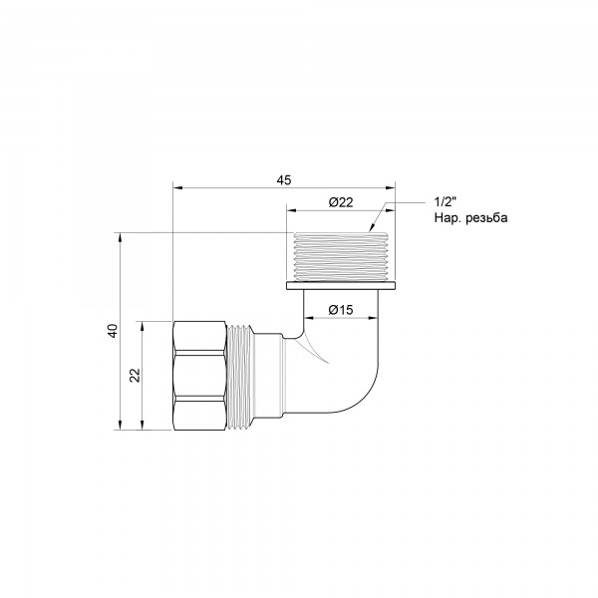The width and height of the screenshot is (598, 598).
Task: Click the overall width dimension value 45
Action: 284,179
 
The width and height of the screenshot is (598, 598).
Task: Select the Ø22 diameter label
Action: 341,203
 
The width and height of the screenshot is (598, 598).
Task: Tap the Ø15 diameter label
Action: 341,309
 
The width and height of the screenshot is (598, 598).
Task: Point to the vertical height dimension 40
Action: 113,331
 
